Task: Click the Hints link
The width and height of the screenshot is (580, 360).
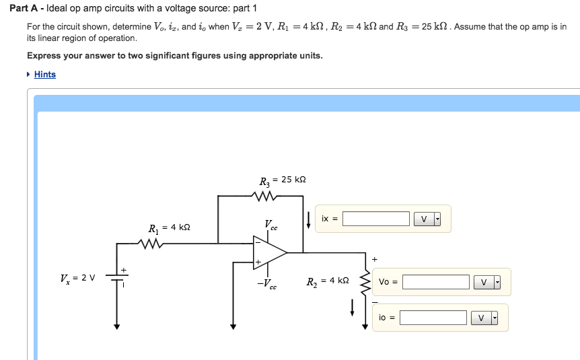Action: click(44, 75)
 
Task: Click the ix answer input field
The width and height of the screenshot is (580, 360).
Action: click(375, 219)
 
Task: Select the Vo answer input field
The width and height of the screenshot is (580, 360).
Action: click(435, 282)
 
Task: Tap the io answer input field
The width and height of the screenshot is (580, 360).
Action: click(433, 317)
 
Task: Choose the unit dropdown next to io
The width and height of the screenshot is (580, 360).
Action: click(485, 317)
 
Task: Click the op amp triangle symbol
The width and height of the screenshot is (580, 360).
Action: click(269, 252)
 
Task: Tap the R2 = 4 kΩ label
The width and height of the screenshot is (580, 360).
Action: click(328, 281)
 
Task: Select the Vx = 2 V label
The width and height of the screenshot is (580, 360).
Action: click(77, 277)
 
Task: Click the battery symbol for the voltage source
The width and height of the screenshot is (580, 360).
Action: click(117, 278)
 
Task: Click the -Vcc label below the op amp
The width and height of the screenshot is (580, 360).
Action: click(267, 284)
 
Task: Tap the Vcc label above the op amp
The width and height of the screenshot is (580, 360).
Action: click(270, 225)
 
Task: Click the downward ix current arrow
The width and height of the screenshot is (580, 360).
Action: click(308, 219)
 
